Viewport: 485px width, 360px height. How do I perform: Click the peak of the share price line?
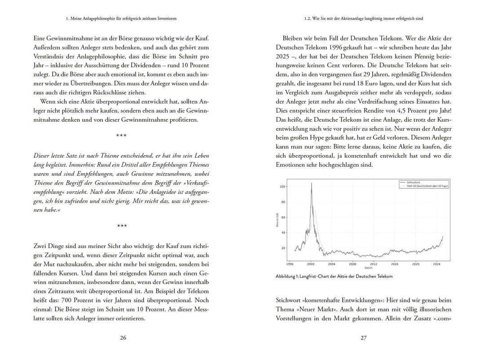click(x=311, y=183)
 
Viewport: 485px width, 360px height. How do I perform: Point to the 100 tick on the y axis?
click(x=282, y=186)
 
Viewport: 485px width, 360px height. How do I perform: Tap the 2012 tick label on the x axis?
click(x=373, y=264)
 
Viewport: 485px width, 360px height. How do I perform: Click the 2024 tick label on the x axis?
click(x=436, y=264)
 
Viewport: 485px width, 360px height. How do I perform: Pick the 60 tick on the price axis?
click(x=283, y=217)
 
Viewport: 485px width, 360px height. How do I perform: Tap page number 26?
click(x=122, y=339)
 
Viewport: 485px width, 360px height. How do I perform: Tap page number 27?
click(x=364, y=339)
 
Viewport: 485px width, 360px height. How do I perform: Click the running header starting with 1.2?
click(x=364, y=18)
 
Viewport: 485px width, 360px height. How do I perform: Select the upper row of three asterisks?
click(x=121, y=135)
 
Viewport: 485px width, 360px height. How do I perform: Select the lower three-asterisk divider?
click(x=121, y=226)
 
